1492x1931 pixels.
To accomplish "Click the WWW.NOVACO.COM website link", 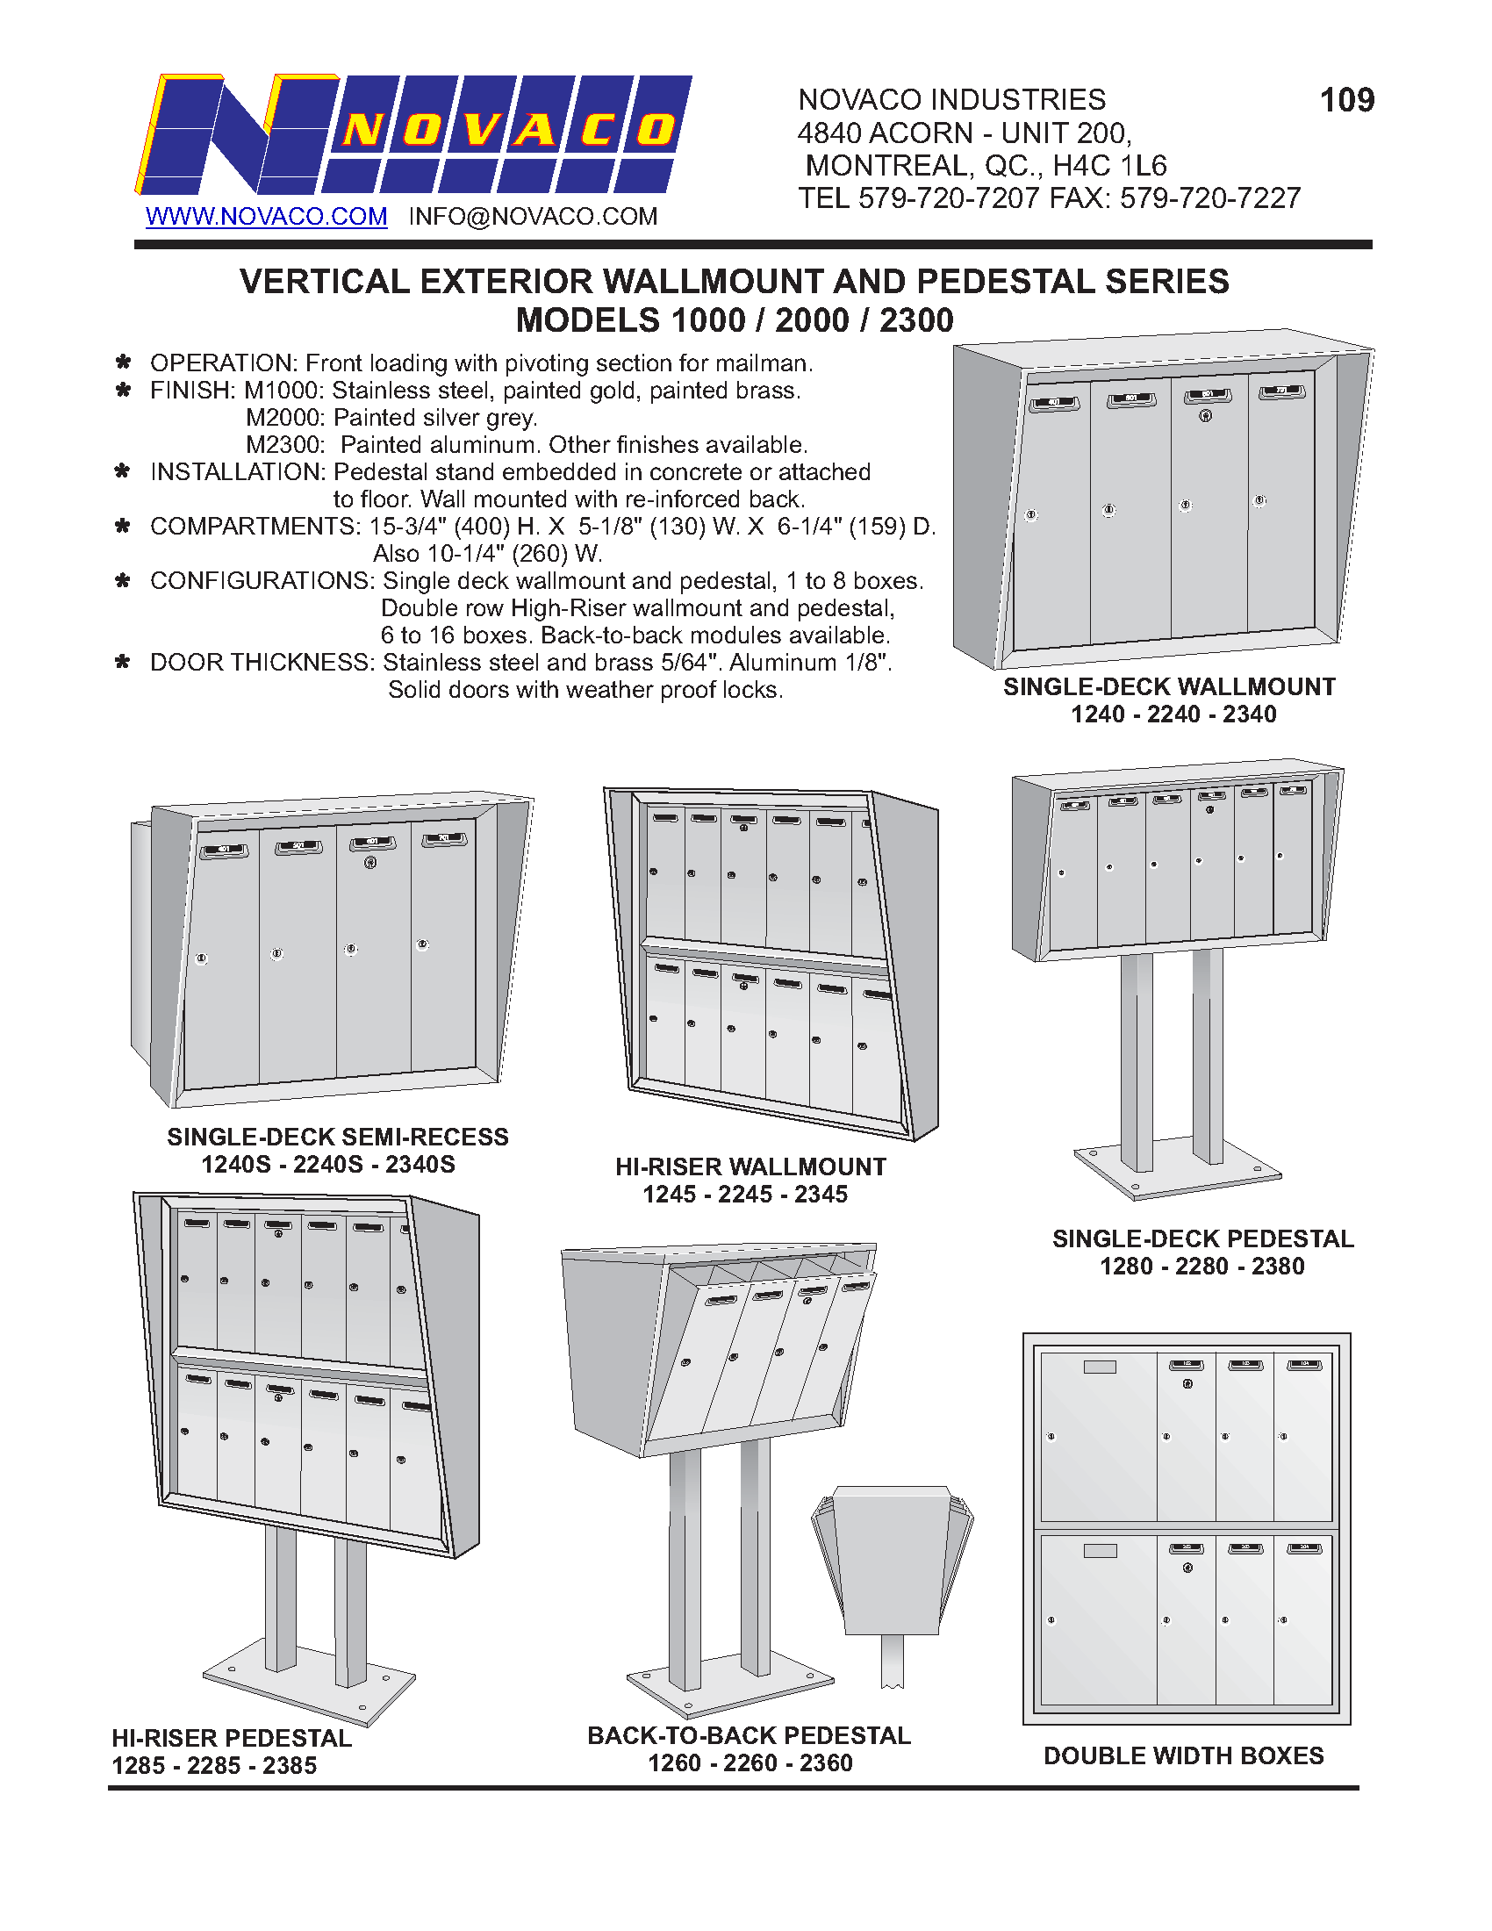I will point(266,217).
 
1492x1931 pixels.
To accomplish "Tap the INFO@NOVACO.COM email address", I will point(532,217).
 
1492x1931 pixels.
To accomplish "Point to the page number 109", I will point(1346,100).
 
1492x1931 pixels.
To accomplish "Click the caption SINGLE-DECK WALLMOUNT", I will point(1168,687).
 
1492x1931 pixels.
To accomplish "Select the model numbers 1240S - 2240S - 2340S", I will point(328,1165).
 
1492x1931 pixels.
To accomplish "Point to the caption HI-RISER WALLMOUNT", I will point(750,1167).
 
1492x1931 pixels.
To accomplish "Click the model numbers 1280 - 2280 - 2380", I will point(1201,1266).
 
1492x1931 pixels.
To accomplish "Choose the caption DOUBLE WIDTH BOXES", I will point(1184,1756).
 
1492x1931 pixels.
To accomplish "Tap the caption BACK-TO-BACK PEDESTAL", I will point(749,1735).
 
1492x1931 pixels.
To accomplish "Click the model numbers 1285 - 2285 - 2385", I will point(214,1766).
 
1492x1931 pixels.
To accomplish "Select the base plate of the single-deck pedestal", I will point(1176,1174).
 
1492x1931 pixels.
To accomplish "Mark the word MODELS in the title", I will point(587,320).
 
